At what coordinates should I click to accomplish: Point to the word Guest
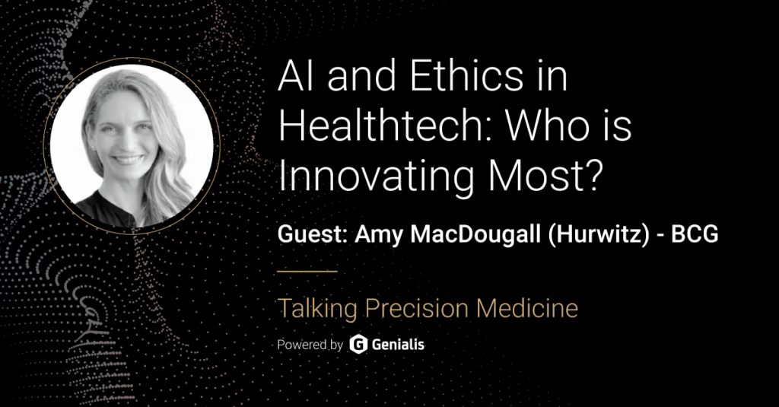[x=312, y=234]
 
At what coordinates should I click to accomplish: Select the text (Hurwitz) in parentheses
[x=599, y=234]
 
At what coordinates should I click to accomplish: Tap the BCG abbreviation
[x=695, y=234]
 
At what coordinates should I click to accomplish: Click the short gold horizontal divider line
[x=307, y=272]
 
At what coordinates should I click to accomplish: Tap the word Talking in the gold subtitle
[x=317, y=309]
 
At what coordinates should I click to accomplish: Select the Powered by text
[x=310, y=345]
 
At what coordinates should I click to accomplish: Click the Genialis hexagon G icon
[x=358, y=345]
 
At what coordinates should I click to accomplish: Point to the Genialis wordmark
[x=398, y=345]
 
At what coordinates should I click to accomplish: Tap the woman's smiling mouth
[x=128, y=160]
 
